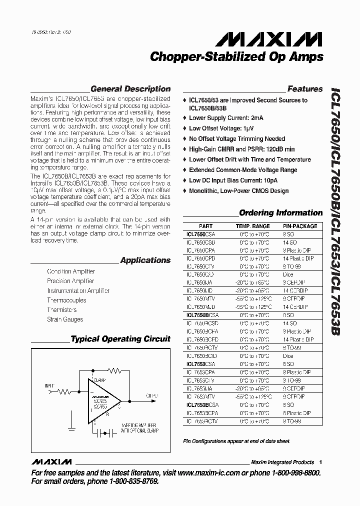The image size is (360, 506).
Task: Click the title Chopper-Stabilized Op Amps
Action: coord(236,57)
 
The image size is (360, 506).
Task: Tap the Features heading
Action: coord(305,89)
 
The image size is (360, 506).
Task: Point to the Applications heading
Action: coord(145,260)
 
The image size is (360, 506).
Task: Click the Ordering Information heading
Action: coord(280,212)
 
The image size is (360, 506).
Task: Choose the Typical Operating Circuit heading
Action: coord(120,339)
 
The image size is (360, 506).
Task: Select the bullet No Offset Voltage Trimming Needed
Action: coord(237,138)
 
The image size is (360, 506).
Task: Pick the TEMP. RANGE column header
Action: coord(252,226)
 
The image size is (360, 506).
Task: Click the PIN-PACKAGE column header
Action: coord(300,226)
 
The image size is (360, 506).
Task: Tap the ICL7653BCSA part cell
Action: coord(202,405)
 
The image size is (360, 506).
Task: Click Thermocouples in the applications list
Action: coord(66,300)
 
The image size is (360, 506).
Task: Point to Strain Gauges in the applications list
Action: coord(65,319)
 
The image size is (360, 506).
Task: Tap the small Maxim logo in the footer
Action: coord(50,461)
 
